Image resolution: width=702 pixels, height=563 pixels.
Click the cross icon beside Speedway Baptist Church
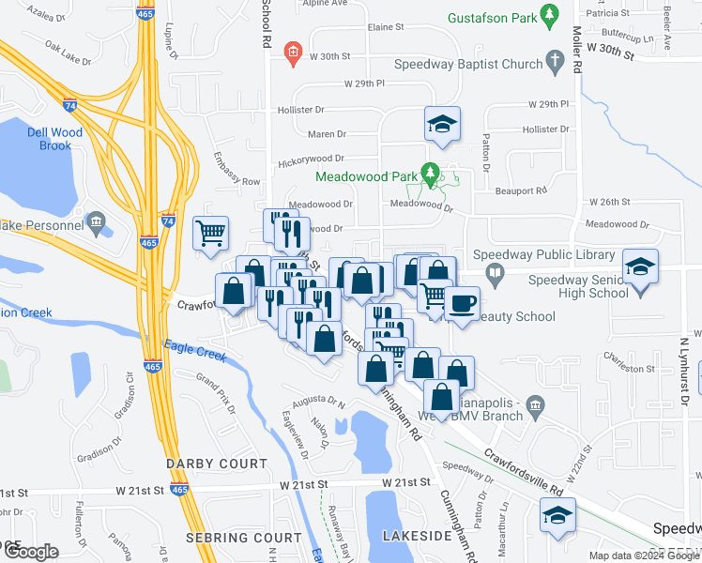556,64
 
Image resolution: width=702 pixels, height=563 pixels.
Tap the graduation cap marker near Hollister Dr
442,124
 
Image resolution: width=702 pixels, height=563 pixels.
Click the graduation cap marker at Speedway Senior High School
641,266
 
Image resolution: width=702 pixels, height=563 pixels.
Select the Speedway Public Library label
541,254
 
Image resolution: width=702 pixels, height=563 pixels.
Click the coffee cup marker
462,304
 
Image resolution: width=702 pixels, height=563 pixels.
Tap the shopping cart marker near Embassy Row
211,232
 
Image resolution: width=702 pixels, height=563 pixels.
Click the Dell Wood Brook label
55,139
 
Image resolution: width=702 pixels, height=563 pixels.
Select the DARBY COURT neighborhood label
217,464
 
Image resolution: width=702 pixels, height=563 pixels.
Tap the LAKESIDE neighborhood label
418,535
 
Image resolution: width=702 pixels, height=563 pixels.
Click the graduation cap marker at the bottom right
557,515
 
